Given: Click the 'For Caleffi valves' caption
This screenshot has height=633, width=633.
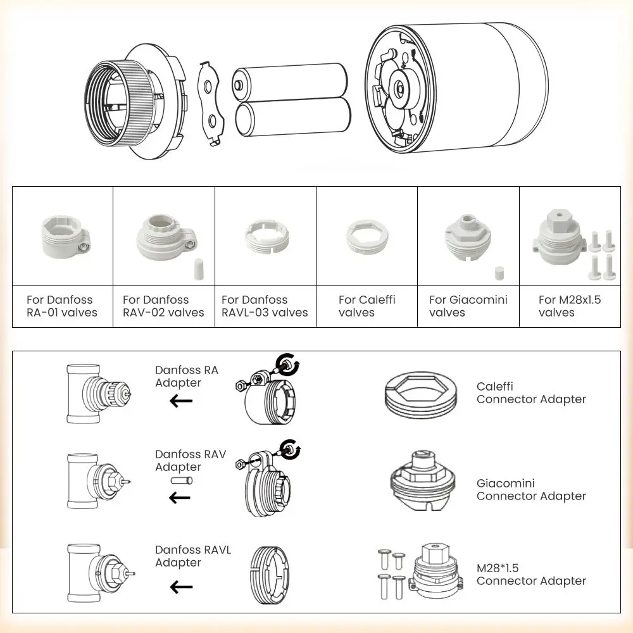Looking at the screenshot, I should [x=367, y=306].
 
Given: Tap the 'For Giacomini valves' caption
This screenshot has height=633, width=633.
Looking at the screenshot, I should [x=468, y=306].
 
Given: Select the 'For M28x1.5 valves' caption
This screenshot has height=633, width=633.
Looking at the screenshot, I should [x=570, y=306].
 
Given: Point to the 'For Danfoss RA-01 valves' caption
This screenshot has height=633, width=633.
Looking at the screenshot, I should [x=61, y=306].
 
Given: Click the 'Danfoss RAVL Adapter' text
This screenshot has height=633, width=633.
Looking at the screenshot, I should [x=193, y=556].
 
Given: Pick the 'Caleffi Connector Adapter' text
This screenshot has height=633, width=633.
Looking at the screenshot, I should [x=531, y=392].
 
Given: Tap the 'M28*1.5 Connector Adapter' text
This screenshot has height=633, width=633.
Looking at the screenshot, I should [x=531, y=574].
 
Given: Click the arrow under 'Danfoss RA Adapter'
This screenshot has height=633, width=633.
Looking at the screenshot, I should [x=181, y=400].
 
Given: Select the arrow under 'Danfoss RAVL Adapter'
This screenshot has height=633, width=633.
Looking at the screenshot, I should [x=181, y=587].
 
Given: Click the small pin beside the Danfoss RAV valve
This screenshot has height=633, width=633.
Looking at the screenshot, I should [x=181, y=481].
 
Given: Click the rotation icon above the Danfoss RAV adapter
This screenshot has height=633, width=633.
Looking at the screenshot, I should [x=291, y=448].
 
